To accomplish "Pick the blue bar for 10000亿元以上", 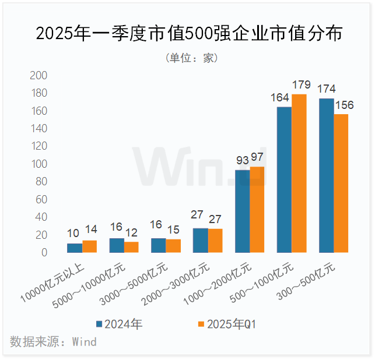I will coord(75,248).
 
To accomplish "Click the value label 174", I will coord(325,89).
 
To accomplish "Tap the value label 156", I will coord(344,105).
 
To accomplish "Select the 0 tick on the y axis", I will coord(44,253).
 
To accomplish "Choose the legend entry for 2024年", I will coord(119,324).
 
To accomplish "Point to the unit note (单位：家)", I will coord(188,58).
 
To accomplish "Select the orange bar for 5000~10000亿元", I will coord(131,247).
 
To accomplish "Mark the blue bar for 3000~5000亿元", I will coord(158,245).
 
